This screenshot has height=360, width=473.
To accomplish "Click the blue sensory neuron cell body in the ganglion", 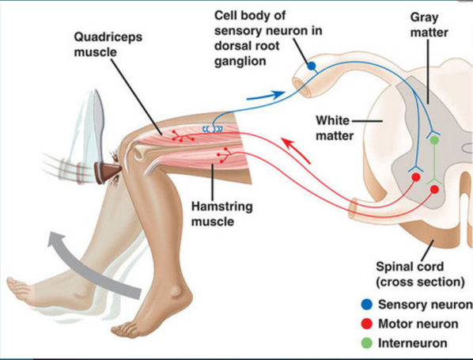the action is point(312,66).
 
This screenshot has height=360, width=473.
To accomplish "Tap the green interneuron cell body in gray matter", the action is point(434,140).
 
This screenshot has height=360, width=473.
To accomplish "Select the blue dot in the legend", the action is point(366,305).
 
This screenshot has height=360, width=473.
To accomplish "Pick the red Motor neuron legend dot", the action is point(366,324).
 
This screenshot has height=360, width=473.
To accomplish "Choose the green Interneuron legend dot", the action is point(366,343).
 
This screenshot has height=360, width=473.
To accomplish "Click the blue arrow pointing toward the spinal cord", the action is point(266,96).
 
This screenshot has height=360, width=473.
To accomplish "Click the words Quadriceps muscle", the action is point(108,44).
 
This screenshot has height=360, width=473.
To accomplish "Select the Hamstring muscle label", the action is point(221,214).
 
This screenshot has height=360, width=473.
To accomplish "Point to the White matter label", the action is point(335,128).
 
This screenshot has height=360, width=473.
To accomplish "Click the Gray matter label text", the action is point(429,25).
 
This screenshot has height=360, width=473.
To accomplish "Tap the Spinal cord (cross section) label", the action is point(420,275).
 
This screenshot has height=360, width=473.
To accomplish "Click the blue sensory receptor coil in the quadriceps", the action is point(213,129).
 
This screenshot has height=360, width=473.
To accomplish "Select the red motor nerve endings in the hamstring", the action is point(224,155).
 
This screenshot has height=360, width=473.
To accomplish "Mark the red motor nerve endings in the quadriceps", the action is point(182,136).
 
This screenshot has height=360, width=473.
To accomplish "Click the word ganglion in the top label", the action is point(240,61).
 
